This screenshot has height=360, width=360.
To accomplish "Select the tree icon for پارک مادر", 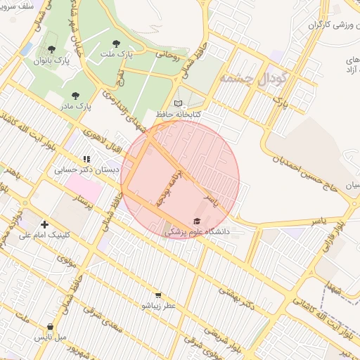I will click(76, 95).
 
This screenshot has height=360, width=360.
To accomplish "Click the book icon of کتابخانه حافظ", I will click(178, 103).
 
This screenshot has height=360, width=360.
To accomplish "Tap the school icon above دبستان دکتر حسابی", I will click(86, 160).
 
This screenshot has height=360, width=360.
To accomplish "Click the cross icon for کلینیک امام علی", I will click(45, 224).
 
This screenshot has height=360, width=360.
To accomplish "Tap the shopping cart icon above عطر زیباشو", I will click(158, 295).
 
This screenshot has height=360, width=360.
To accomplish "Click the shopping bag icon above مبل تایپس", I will click(51, 326).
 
